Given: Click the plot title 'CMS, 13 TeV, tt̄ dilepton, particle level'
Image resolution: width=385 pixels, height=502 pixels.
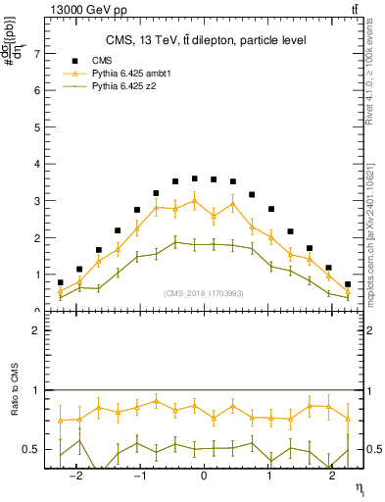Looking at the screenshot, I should click(x=206, y=40).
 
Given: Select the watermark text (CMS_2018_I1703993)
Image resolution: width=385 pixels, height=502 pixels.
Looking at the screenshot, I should click(x=204, y=294).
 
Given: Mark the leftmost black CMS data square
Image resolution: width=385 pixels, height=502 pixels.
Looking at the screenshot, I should click(x=60, y=282).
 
